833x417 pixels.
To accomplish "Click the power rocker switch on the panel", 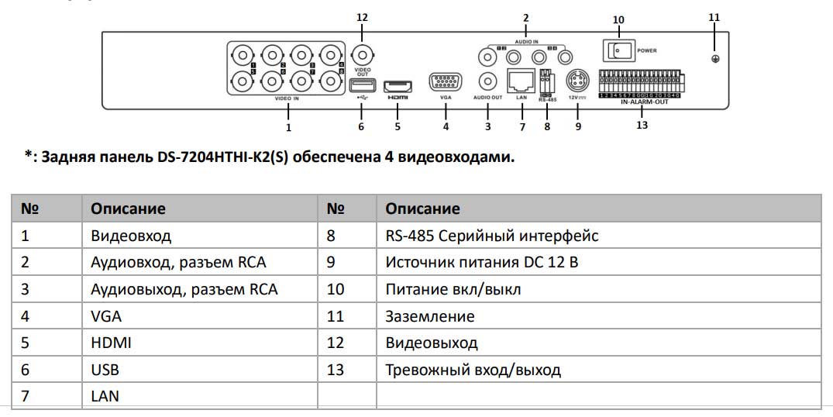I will [x=617, y=50].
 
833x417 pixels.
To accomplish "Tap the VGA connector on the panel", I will [x=445, y=82].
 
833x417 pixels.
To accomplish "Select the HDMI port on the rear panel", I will [x=398, y=84].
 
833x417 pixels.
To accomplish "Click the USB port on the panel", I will [x=361, y=84].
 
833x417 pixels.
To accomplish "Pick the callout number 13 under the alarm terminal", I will [x=642, y=126].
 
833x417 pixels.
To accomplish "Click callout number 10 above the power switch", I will [x=618, y=19].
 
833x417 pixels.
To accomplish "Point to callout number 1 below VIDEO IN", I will [x=288, y=126].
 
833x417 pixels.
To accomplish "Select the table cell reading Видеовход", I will [x=130, y=236].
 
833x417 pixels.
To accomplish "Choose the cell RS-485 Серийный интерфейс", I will [x=491, y=236].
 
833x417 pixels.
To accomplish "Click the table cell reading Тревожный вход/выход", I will [x=473, y=370].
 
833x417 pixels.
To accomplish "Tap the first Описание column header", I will [x=128, y=208].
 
